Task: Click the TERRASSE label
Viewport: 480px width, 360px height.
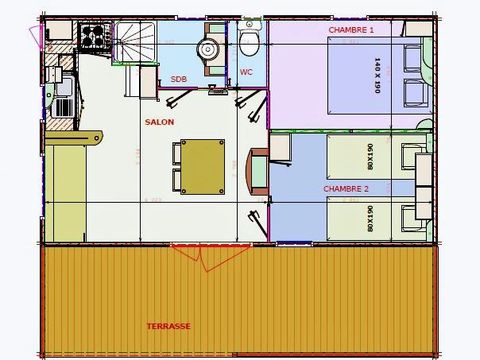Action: [167, 326]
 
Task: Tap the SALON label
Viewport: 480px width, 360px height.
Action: [159, 122]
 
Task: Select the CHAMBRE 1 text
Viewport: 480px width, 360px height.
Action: [350, 30]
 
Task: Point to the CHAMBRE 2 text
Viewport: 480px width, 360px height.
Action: [346, 188]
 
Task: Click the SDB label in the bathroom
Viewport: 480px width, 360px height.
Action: [178, 78]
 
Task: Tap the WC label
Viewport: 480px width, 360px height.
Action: [246, 72]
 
